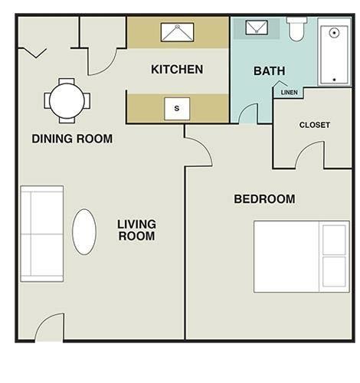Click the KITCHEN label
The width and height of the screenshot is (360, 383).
[x=177, y=70]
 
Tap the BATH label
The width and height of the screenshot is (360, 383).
[x=269, y=70]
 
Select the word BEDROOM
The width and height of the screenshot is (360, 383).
[x=264, y=199]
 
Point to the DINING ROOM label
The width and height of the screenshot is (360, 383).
[x=72, y=139]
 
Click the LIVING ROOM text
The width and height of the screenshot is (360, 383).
[x=136, y=230]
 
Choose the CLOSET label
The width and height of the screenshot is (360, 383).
[x=314, y=125]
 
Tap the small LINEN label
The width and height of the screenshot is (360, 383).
[x=290, y=93]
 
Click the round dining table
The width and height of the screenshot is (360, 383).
[x=67, y=100]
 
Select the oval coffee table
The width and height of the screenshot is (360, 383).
[x=84, y=231]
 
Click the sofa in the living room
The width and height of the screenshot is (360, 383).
[x=42, y=233]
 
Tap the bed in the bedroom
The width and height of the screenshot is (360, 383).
[x=301, y=257]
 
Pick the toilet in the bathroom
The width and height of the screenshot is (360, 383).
[x=296, y=29]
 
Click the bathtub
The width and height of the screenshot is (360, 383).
[x=335, y=52]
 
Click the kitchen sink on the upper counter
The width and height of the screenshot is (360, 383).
[x=177, y=32]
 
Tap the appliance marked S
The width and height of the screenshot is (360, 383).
[x=177, y=109]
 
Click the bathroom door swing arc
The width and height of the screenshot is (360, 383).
[x=249, y=113]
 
